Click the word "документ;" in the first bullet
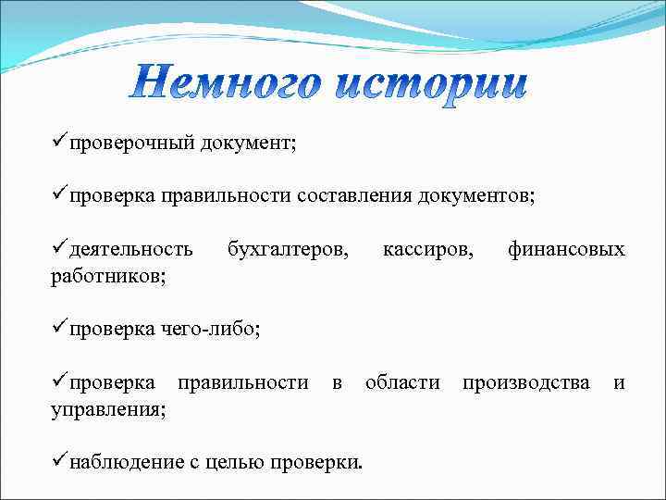253,144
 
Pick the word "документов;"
476,196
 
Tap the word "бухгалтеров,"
289,249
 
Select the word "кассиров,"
426,249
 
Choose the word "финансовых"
566,249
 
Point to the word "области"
402,381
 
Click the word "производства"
525,381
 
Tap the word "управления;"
109,407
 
